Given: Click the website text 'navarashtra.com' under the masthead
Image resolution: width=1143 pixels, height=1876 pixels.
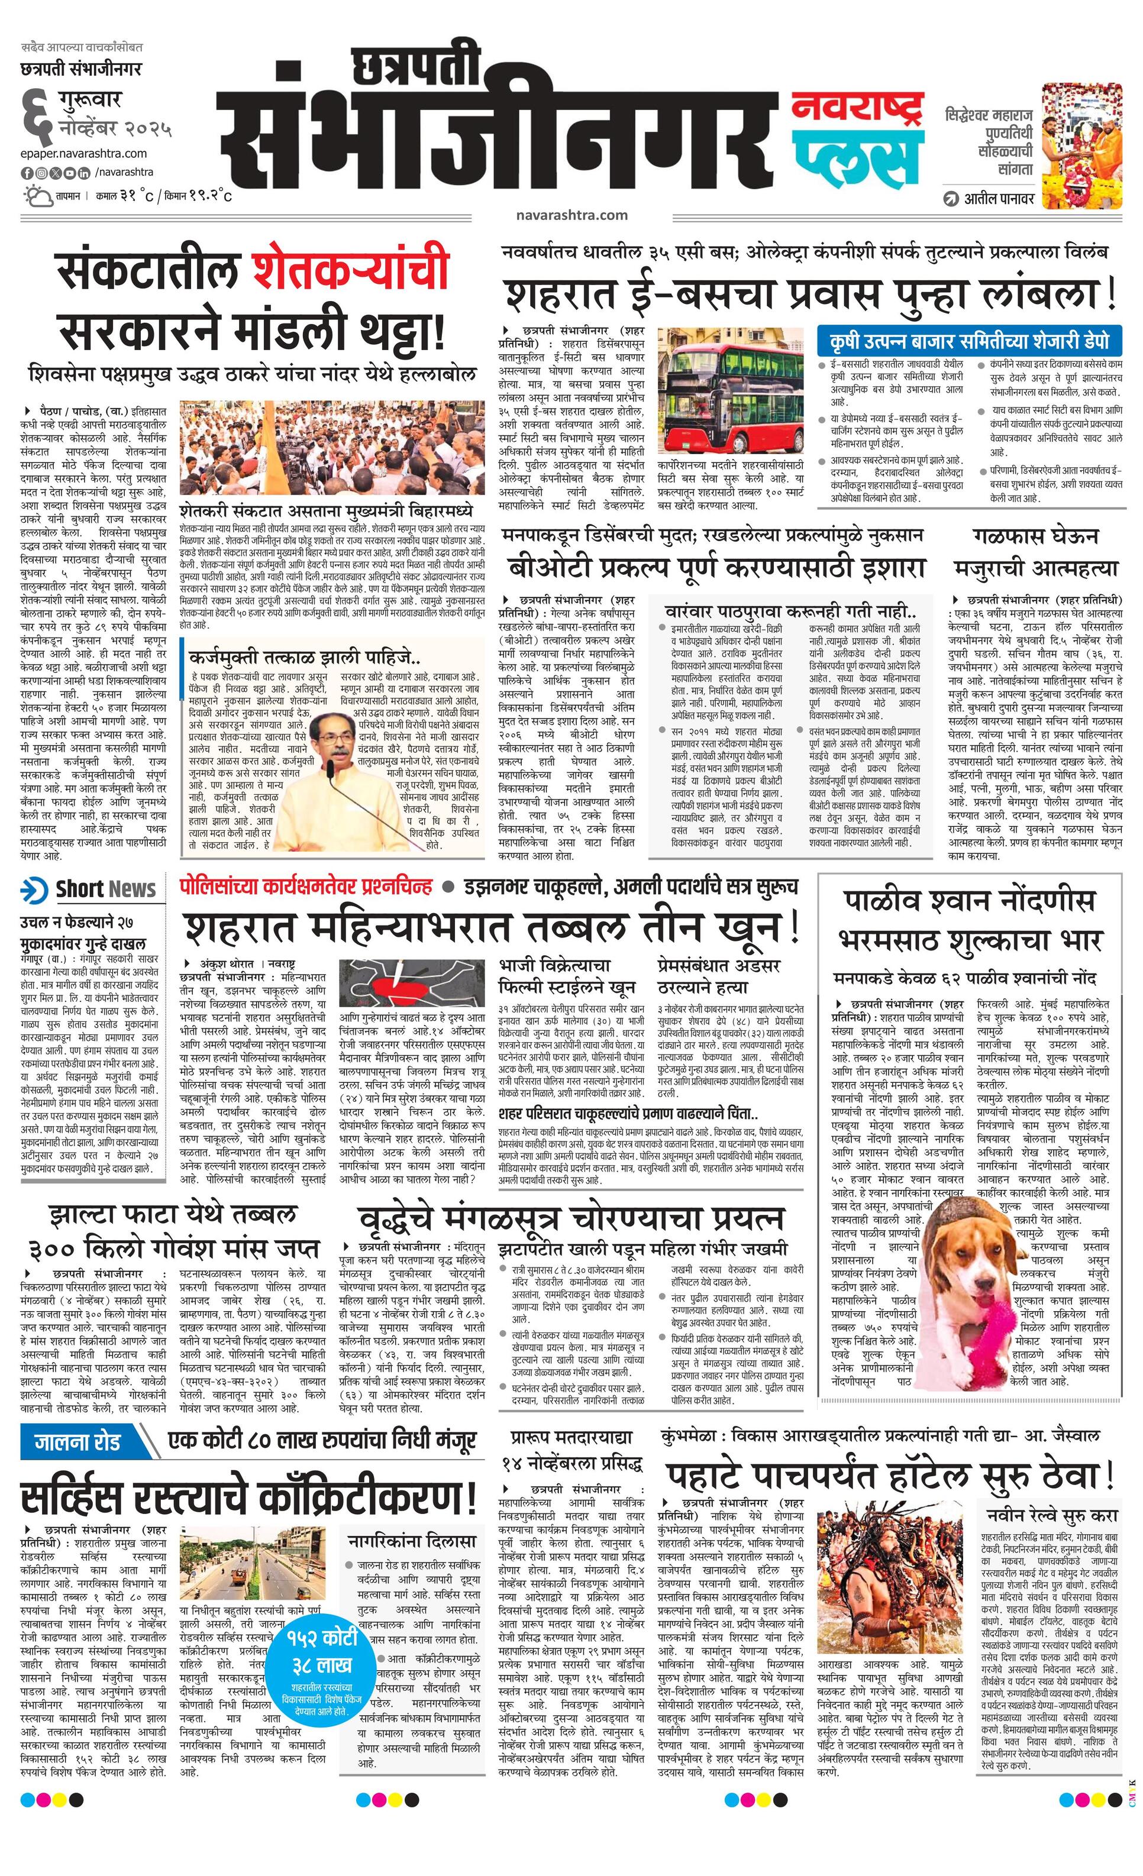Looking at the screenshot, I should [571, 215].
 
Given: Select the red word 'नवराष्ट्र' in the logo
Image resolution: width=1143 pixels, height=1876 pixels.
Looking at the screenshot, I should [857, 108].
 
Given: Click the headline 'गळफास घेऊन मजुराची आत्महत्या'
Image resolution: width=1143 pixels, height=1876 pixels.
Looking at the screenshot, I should [1037, 552].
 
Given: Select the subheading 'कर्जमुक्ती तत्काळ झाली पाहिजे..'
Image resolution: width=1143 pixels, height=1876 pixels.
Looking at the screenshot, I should [306, 656].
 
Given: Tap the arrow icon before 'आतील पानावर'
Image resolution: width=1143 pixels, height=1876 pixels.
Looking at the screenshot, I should [950, 199].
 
